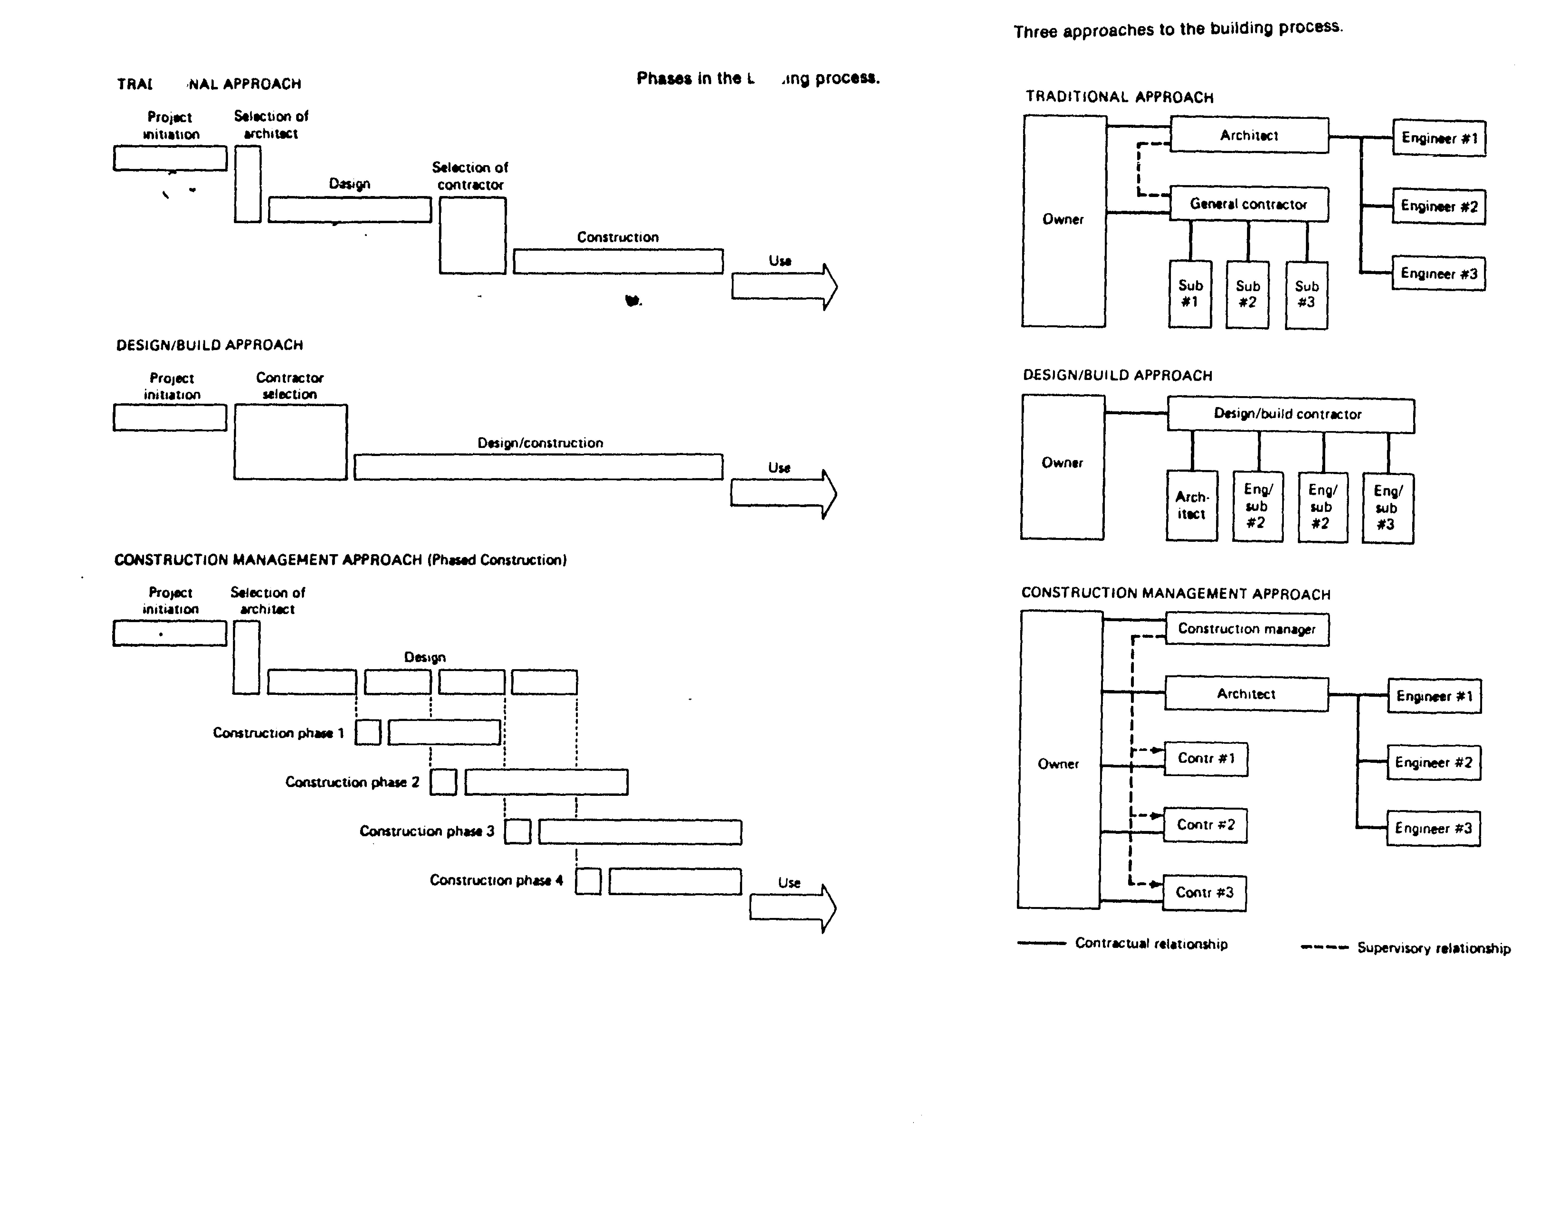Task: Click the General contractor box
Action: click(1248, 205)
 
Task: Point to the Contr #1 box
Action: click(1206, 759)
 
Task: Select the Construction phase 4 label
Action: click(496, 880)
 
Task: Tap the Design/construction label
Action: click(540, 443)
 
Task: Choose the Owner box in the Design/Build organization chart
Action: click(1063, 466)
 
